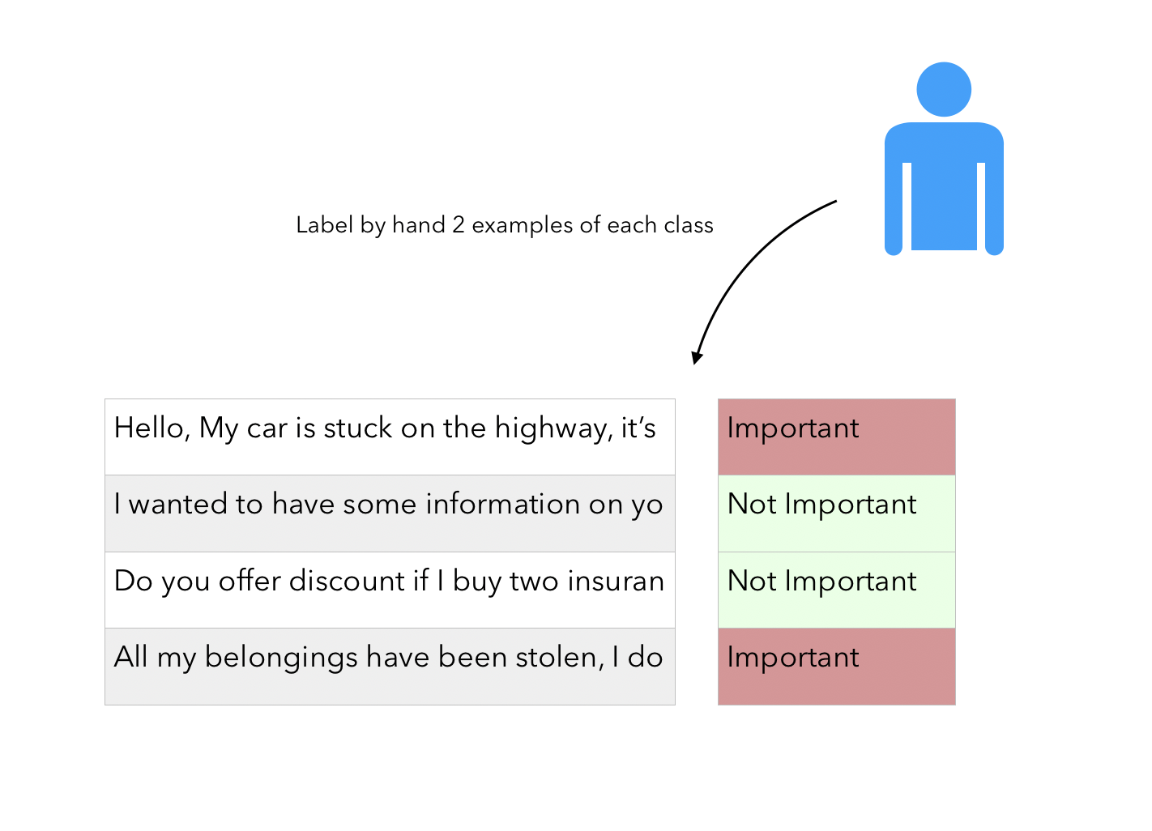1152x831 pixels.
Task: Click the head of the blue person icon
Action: (944, 89)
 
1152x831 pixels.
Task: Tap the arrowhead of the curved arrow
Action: (697, 357)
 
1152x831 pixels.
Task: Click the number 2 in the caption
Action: (459, 225)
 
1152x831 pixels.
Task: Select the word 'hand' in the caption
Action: (419, 225)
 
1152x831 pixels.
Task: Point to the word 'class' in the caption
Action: (689, 225)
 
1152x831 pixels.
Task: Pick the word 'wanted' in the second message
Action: (177, 504)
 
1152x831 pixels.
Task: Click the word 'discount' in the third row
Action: (348, 581)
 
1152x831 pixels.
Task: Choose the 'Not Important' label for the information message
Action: (821, 505)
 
